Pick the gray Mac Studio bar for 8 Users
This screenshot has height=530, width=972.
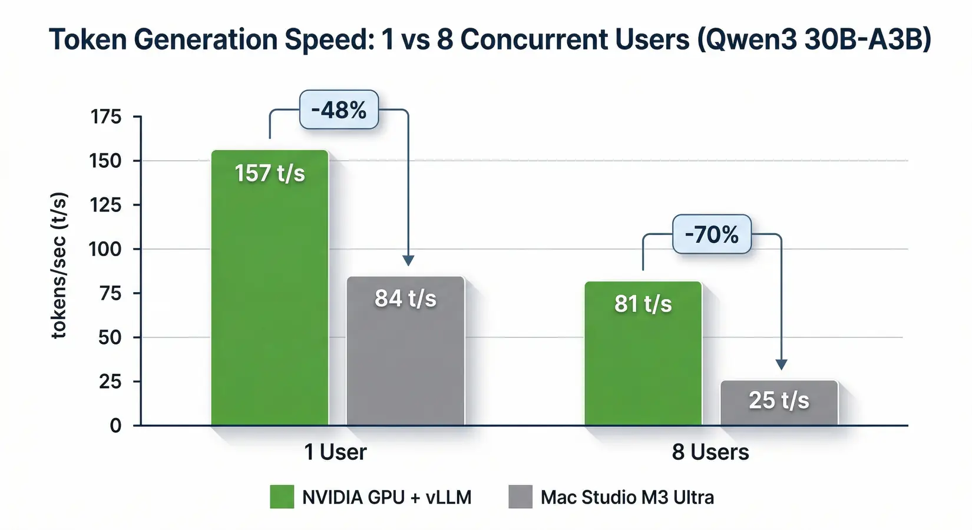(x=779, y=412)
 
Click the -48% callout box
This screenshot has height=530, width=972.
(x=339, y=110)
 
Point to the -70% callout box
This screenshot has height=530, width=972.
(x=712, y=234)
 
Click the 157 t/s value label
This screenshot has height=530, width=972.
(x=270, y=173)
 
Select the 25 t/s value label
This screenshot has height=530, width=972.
(x=779, y=400)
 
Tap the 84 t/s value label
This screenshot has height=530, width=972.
(x=405, y=299)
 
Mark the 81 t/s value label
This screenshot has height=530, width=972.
(x=643, y=304)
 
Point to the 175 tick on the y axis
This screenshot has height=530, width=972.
(x=106, y=117)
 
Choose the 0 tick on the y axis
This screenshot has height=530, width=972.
(x=115, y=425)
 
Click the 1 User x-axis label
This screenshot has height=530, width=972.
(x=335, y=452)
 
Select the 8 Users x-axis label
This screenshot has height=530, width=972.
(x=710, y=452)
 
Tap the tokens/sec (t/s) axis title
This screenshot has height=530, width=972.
(x=59, y=265)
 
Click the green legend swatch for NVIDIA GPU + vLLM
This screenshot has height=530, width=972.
(x=282, y=497)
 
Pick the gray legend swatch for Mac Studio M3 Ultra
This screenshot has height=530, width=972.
(x=520, y=497)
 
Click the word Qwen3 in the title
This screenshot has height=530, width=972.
(x=746, y=40)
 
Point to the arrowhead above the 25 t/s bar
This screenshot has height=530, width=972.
(x=781, y=365)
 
